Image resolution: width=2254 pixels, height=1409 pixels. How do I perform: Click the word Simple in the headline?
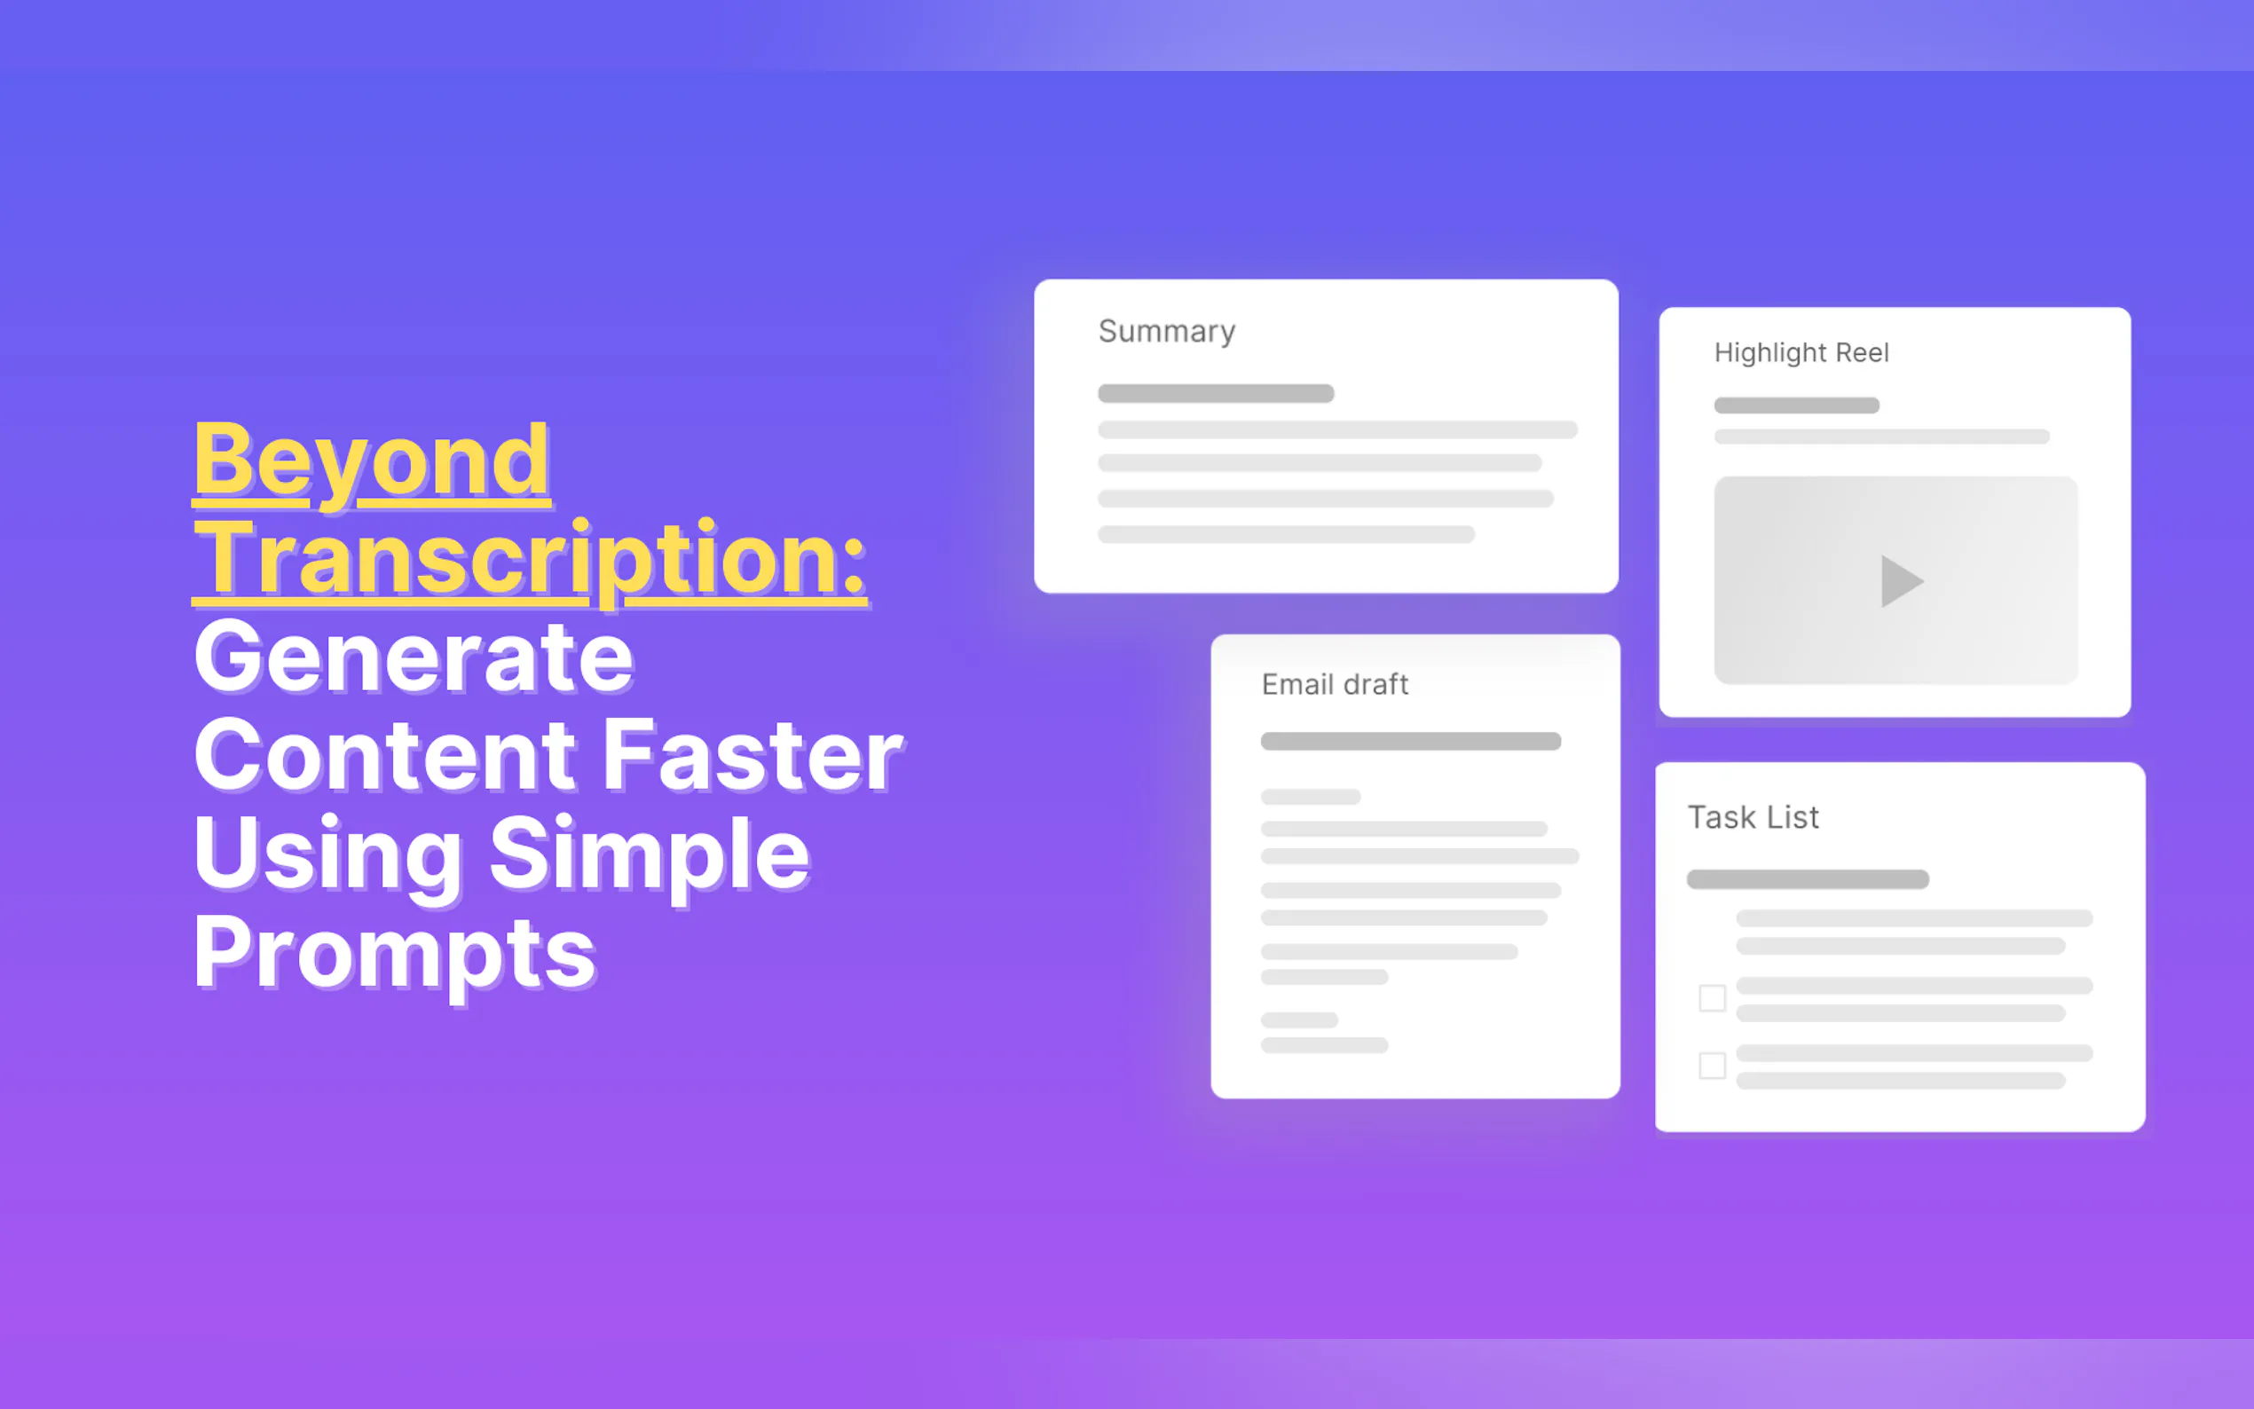click(650, 858)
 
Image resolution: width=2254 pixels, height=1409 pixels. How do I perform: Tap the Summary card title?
click(1167, 332)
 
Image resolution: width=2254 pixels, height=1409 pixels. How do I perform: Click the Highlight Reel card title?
click(1801, 353)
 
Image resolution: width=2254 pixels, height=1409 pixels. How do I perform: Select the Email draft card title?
click(1335, 685)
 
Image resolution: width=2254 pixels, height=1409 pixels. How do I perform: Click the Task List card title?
click(1753, 817)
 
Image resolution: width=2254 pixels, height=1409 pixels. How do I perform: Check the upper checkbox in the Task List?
click(1712, 998)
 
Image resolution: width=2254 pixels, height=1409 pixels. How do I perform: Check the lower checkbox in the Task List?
click(1712, 1065)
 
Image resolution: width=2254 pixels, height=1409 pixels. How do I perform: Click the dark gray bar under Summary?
click(1216, 393)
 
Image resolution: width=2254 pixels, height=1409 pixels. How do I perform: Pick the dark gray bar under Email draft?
click(1411, 741)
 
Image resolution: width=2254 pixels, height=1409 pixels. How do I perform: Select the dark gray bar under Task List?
click(1808, 878)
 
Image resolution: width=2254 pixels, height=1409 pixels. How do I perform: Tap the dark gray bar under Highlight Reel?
click(1796, 405)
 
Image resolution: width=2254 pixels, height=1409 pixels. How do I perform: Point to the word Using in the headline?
click(328, 858)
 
